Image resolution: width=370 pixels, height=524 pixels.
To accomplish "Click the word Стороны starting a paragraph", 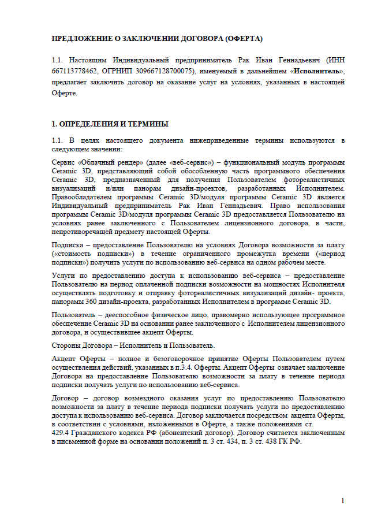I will tap(65, 345).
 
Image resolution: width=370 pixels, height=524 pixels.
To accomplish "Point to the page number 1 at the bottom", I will tap(342, 500).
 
